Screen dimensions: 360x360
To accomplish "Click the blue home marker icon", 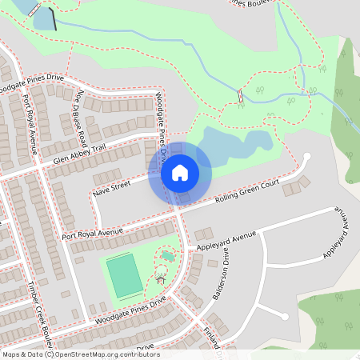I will pos(179,173).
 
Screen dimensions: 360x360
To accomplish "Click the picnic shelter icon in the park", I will pos(161,278).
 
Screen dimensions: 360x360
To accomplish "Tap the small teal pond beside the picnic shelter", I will pos(167,257).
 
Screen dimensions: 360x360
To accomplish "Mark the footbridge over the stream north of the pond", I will pos(239,96).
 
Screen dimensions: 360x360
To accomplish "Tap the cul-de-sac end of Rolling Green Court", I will pos(306,157).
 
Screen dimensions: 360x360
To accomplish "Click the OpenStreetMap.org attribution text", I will pos(104,354).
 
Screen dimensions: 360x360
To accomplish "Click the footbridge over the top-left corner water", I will pos(33,10).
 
